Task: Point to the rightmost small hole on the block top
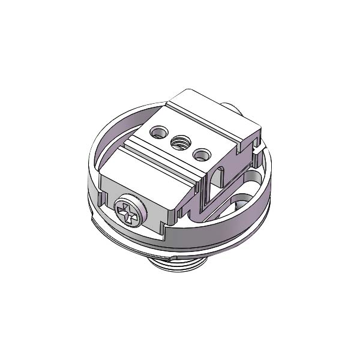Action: [x=201, y=155]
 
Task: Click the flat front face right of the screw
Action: [x=159, y=210]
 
